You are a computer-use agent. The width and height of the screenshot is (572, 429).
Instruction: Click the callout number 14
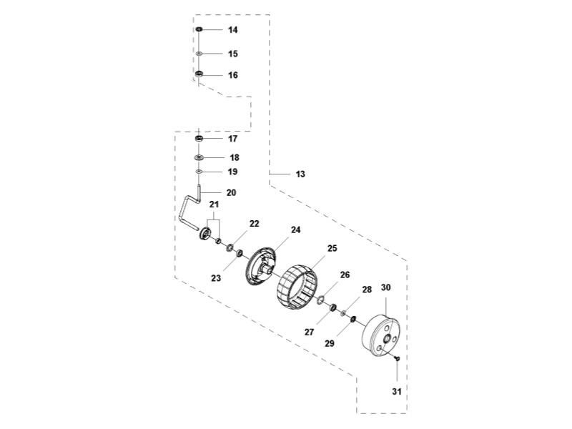pyautogui.click(x=233, y=30)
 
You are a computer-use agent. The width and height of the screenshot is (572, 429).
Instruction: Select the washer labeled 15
pyautogui.click(x=199, y=54)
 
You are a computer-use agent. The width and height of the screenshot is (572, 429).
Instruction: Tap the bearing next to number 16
pyautogui.click(x=199, y=74)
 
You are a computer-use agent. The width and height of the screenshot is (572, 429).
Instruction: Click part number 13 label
pyautogui.click(x=300, y=174)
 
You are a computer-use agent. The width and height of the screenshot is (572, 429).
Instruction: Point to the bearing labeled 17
pyautogui.click(x=199, y=138)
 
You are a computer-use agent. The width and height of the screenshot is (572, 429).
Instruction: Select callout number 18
pyautogui.click(x=233, y=157)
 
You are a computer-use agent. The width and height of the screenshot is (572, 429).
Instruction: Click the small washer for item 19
pyautogui.click(x=199, y=172)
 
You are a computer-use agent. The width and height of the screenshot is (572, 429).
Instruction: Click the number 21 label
pyautogui.click(x=214, y=205)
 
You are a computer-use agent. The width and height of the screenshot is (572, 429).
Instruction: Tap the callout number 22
pyautogui.click(x=255, y=223)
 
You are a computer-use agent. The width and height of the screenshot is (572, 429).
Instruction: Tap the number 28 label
pyautogui.click(x=367, y=290)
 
